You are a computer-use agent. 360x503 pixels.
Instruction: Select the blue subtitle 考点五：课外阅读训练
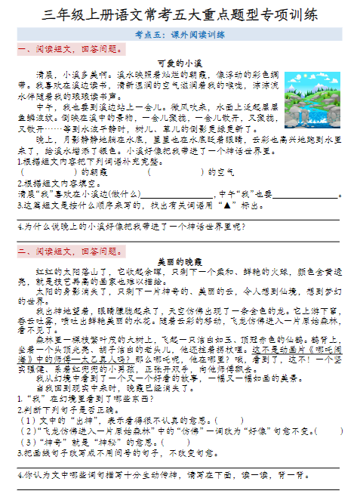click(x=179, y=35)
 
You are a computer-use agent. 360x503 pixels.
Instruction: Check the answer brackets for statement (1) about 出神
click(x=229, y=420)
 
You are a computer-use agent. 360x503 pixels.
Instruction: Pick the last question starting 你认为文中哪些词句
click(x=158, y=476)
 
